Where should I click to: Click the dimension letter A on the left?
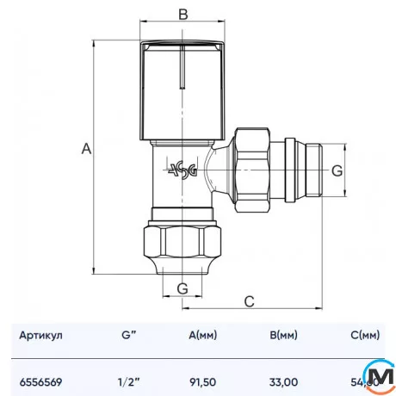click(x=85, y=149)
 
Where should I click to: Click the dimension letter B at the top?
click(x=182, y=14)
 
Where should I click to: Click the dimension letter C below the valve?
click(x=249, y=300)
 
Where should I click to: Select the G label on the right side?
click(x=338, y=170)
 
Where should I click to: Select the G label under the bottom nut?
click(x=182, y=287)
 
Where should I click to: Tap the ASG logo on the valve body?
click(x=182, y=170)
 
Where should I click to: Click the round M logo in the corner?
click(x=379, y=375)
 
